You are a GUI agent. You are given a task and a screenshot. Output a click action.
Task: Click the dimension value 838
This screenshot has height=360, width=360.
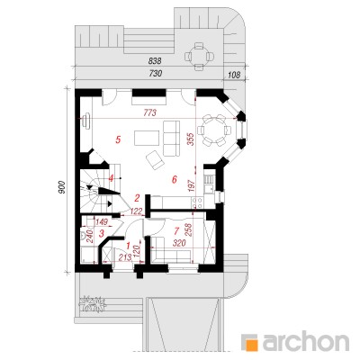point(155,61)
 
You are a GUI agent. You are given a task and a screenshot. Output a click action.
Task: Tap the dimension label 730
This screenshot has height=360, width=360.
point(155,74)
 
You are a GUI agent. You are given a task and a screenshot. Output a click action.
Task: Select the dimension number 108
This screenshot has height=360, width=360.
point(234,75)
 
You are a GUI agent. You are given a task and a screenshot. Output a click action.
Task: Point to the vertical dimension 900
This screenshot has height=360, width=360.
point(62,187)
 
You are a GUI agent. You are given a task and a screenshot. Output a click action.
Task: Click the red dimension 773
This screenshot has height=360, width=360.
point(150,113)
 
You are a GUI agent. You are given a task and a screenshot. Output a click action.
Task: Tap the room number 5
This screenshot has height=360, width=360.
point(118,139)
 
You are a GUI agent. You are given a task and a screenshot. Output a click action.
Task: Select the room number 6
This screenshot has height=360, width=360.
point(174,179)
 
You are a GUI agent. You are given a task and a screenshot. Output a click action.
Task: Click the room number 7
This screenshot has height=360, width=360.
point(176,230)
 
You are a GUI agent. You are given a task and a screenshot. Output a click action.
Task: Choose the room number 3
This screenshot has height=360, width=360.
point(102,232)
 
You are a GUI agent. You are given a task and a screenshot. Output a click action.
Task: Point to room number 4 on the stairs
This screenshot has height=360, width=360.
point(111,178)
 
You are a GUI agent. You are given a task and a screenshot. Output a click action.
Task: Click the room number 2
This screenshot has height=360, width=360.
point(137,198)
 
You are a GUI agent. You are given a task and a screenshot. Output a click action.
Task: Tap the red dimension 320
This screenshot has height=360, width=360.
point(179,243)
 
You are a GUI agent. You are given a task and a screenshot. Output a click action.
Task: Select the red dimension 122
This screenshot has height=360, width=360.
point(137,211)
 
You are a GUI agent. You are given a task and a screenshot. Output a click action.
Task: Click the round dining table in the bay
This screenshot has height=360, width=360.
point(214,130)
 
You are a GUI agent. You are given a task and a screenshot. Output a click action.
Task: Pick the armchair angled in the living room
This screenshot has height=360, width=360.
point(155,159)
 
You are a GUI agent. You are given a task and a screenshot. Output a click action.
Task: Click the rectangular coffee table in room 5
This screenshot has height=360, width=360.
point(147,138)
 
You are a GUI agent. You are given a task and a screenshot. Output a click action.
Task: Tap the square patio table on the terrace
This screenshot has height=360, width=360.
point(198,56)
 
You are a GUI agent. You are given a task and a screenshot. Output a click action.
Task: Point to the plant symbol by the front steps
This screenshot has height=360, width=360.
point(93,304)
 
